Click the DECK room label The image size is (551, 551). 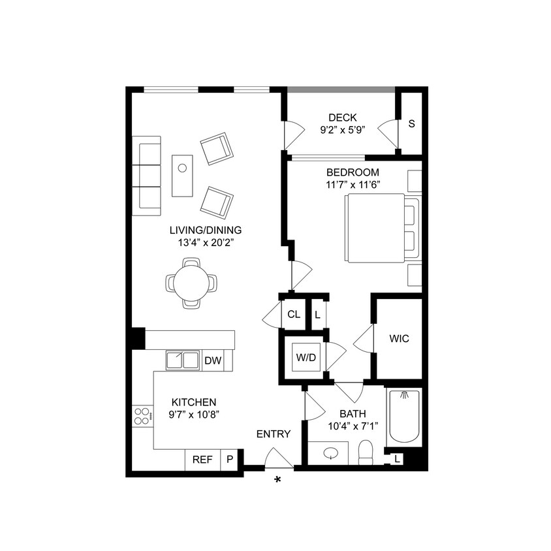coord(342,118)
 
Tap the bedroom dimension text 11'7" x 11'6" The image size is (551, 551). coord(353,185)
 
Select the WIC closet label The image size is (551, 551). coord(399,339)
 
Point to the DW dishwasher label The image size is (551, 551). coord(212,360)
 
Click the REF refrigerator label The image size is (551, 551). coord(202,460)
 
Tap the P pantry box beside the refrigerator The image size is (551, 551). coord(230,460)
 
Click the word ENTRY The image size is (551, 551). coord(273,434)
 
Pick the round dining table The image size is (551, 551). coord(191,283)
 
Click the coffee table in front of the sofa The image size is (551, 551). coord(183,175)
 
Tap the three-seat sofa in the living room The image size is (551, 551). coord(146,176)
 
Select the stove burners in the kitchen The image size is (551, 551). coord(142,415)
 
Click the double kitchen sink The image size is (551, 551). coord(183,360)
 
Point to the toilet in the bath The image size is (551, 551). coord(366,451)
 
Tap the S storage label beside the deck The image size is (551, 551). coord(411,123)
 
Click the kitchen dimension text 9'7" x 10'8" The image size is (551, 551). coord(194,414)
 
